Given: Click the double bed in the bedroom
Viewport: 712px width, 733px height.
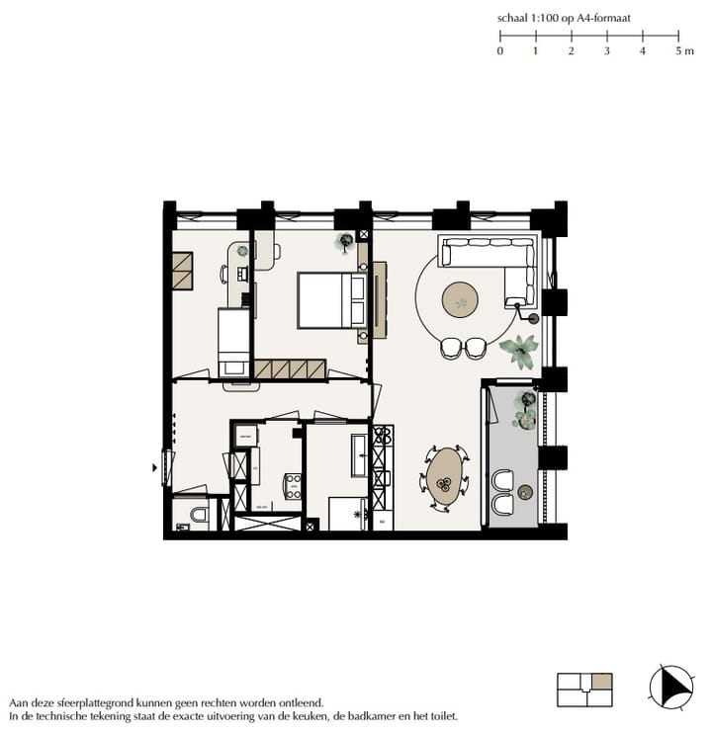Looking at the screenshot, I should [x=330, y=300].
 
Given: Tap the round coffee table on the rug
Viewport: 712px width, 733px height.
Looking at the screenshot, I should [x=460, y=299].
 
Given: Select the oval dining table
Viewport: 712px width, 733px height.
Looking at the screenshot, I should [x=445, y=477].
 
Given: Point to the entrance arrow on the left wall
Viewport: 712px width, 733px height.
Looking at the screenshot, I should [x=153, y=467].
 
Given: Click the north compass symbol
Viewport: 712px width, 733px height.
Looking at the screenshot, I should [x=669, y=686].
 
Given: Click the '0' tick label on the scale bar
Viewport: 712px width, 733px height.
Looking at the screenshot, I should [x=499, y=50].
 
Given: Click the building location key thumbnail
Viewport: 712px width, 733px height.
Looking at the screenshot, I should [x=584, y=690].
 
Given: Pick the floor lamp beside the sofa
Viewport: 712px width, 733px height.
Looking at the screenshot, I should [x=534, y=318].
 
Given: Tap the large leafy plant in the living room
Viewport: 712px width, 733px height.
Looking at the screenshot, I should [x=518, y=348].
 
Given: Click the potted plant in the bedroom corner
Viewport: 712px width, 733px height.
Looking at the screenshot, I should [x=346, y=240].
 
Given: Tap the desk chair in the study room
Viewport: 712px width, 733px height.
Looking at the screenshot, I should [x=225, y=273].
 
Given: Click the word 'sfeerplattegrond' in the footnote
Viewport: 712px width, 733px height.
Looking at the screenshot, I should [x=92, y=701].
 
